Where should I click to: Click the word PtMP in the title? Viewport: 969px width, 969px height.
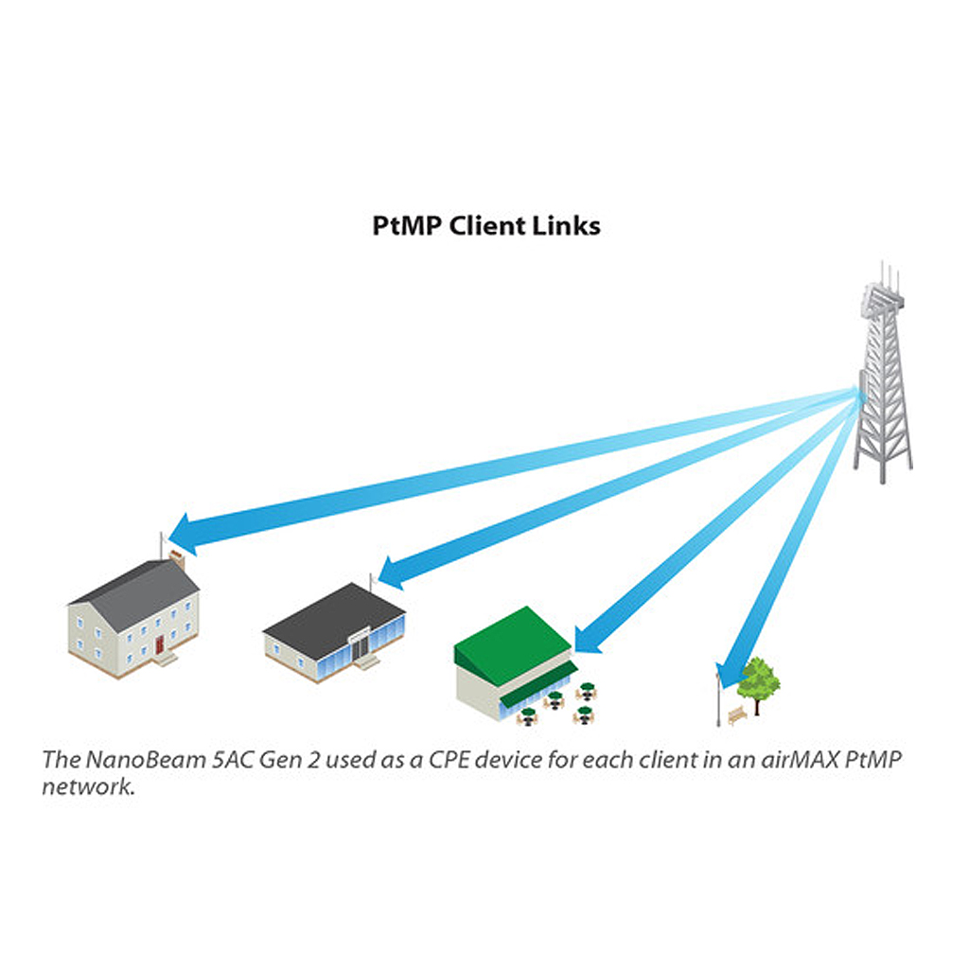click(407, 225)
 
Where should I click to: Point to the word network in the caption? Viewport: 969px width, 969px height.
click(88, 786)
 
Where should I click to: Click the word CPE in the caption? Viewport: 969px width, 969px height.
click(449, 759)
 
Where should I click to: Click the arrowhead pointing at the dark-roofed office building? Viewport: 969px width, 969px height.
click(393, 573)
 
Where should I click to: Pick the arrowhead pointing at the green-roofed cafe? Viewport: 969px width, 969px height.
click(587, 640)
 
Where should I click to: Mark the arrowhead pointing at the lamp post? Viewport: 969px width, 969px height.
click(731, 675)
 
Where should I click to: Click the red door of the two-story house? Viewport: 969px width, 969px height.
click(159, 644)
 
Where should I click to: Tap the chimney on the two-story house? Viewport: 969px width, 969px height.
click(177, 559)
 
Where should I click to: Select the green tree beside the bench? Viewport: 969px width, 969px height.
click(758, 683)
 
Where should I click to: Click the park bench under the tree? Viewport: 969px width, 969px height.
click(737, 715)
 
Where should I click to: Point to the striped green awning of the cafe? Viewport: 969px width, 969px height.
click(537, 685)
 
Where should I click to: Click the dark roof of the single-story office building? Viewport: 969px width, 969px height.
click(334, 619)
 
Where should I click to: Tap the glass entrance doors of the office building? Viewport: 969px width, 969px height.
click(361, 645)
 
